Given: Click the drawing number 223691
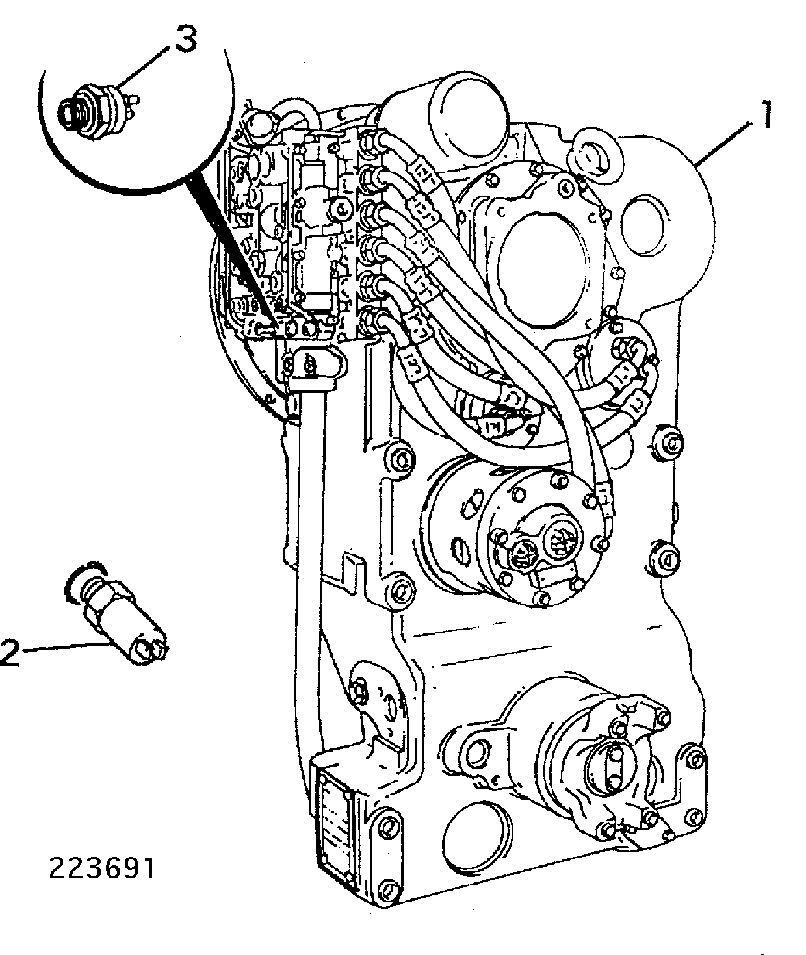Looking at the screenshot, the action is [x=103, y=868].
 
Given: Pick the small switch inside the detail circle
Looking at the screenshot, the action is [x=99, y=108].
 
